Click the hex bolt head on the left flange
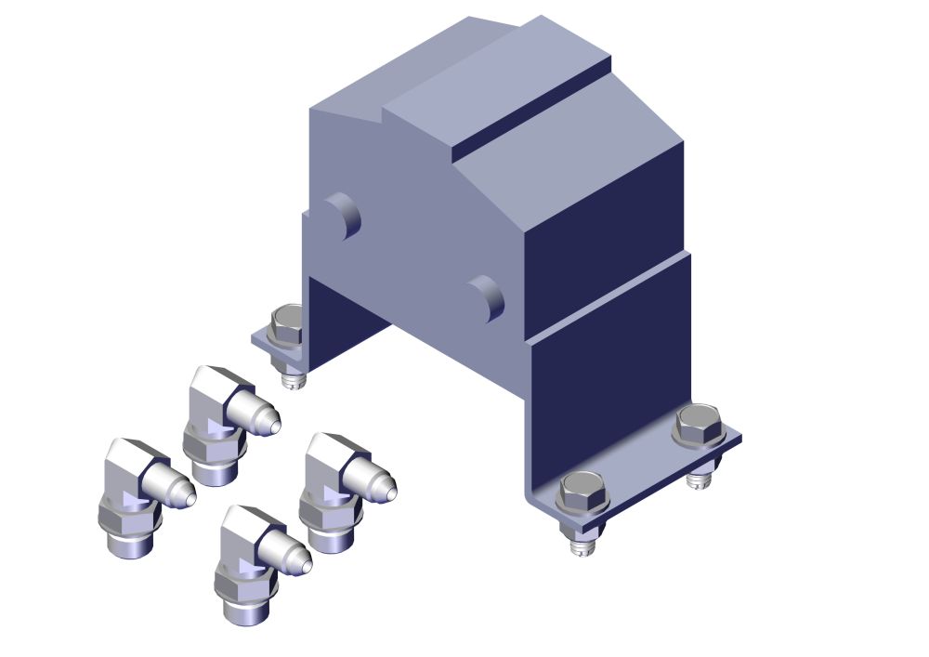pos(287,324)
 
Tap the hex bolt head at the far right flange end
pos(699,425)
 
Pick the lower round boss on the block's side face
pos(487,298)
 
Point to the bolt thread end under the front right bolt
pos(582,545)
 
